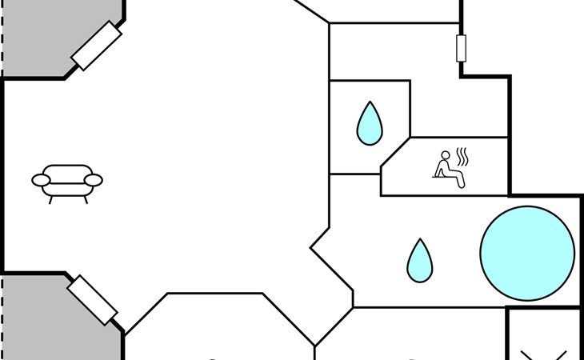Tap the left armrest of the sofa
click(41, 180)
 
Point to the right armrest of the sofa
click(94, 180)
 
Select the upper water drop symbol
click(369, 123)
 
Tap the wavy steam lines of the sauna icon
click(462, 154)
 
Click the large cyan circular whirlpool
click(527, 253)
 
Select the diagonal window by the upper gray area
click(97, 46)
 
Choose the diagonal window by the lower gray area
click(93, 299)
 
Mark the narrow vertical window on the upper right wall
click(461, 49)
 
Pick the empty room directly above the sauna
click(448, 88)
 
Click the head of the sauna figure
click(446, 156)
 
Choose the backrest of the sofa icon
click(67, 171)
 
